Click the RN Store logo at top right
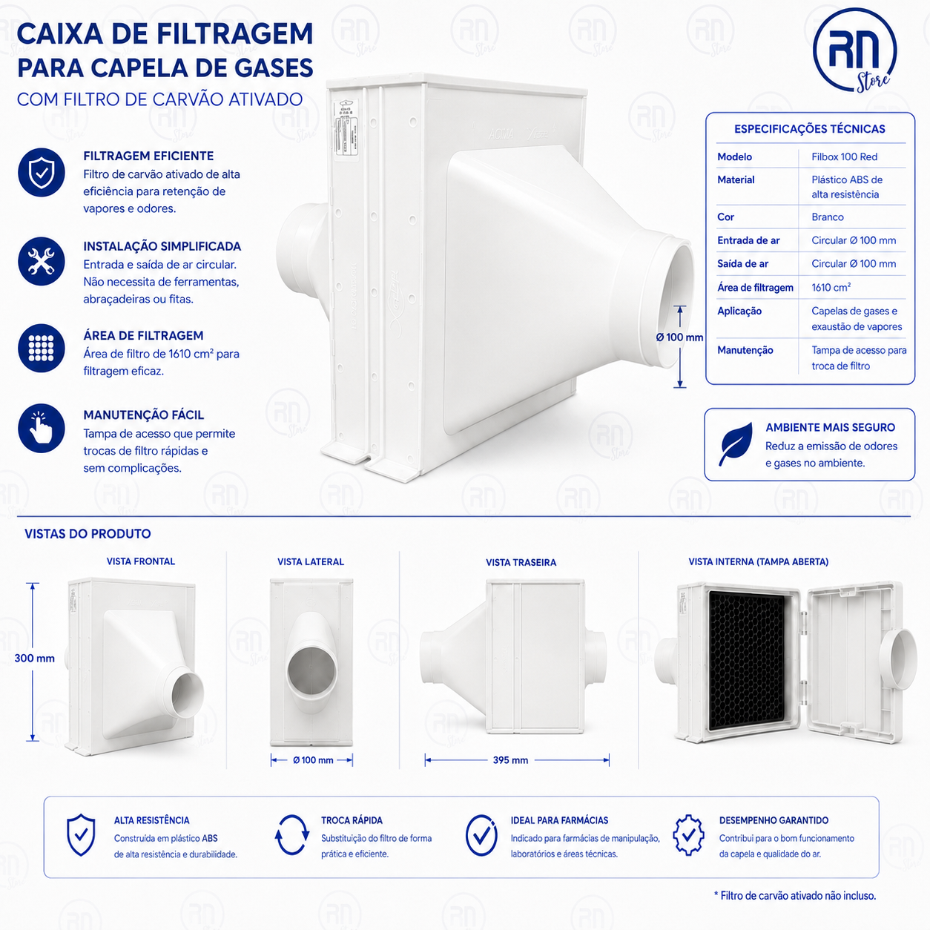coord(854,50)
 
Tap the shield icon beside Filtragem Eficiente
coord(42,172)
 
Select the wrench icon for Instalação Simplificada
coord(42,262)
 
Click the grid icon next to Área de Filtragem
coord(42,348)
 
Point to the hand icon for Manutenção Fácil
coord(42,428)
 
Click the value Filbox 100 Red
coord(844,156)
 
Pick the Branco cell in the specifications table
coord(827,217)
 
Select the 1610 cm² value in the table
coord(831,288)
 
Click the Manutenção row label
coord(745,350)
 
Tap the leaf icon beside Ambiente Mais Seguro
coord(736,444)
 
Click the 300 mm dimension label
coord(34,659)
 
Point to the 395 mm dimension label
coord(510,760)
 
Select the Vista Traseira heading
coord(521,562)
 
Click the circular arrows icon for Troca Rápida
coord(291,835)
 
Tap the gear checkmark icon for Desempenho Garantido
coord(688,835)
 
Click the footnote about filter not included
coord(795,896)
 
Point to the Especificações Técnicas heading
coord(809,129)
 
